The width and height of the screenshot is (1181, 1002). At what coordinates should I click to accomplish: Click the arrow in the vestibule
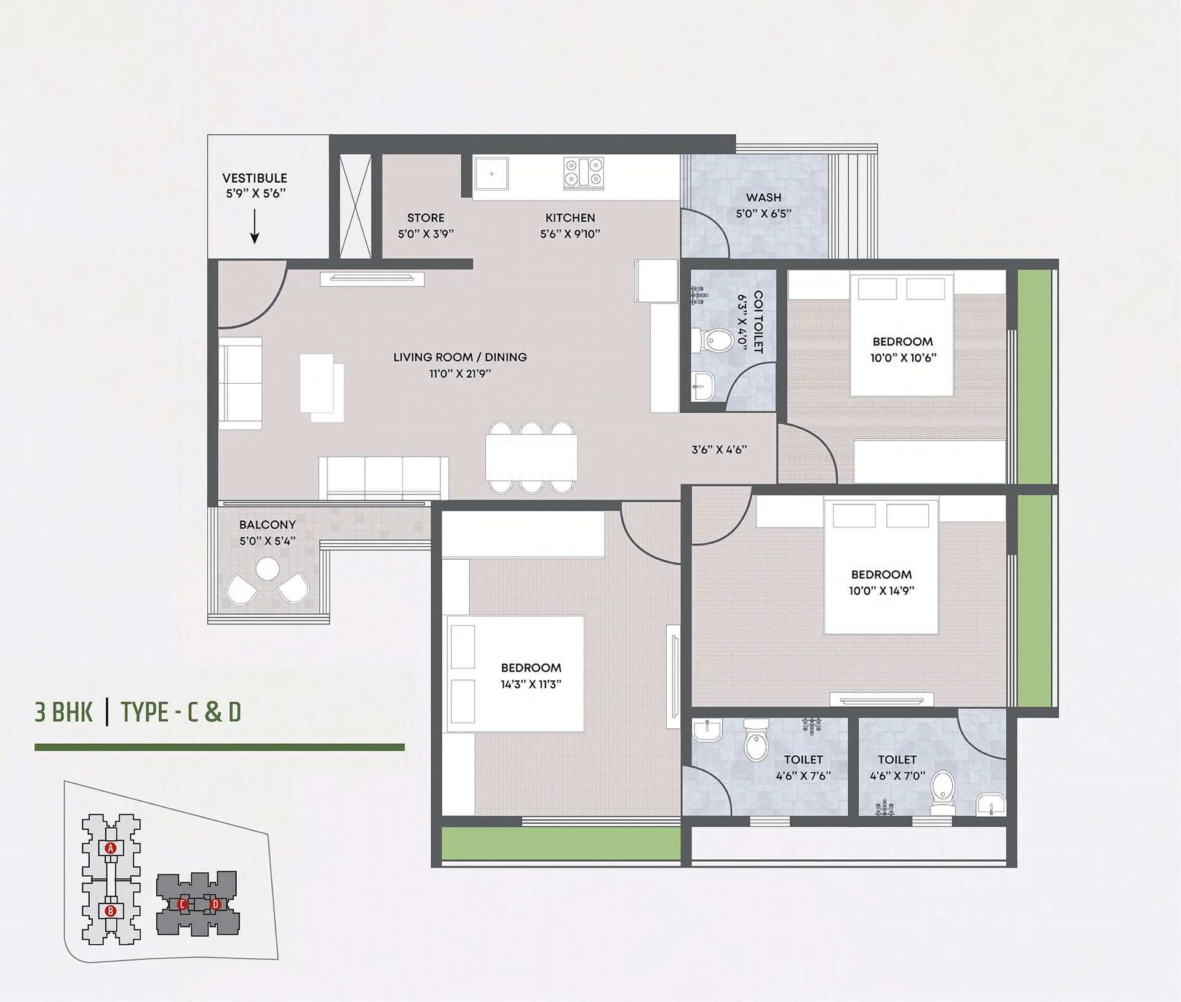pos(255,226)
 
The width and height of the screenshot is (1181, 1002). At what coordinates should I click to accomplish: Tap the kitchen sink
pos(491,173)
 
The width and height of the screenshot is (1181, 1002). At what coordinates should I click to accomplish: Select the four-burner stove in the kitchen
pos(584,172)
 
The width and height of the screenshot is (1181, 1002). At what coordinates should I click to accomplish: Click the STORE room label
pos(426,218)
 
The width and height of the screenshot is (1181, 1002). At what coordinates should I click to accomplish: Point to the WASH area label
pos(764,197)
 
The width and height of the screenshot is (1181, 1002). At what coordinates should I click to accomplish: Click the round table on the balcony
pos(268,569)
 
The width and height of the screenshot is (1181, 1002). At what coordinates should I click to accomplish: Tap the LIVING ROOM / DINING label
pos(460,357)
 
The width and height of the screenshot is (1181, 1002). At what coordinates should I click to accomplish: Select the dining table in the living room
pos(531,457)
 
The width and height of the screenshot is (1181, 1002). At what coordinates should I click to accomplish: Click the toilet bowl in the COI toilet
pos(714,340)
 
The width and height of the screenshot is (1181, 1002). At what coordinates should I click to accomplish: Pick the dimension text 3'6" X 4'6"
pos(719,450)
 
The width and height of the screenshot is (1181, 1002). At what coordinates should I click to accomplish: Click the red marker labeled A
pos(111,848)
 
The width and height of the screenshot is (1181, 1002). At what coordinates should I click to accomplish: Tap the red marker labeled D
pos(215,904)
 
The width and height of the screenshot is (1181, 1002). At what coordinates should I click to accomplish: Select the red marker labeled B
pos(111,911)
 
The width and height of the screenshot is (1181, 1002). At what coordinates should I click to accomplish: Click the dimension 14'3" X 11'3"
pos(531,684)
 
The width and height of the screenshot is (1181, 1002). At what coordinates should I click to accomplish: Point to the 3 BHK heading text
pos(64,712)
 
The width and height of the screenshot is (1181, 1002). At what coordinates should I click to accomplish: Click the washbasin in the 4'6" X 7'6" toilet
pos(707,730)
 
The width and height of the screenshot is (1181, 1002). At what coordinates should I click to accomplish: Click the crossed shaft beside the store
pos(356,206)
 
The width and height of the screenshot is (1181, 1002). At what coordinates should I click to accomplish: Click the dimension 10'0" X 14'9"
pos(881,590)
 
